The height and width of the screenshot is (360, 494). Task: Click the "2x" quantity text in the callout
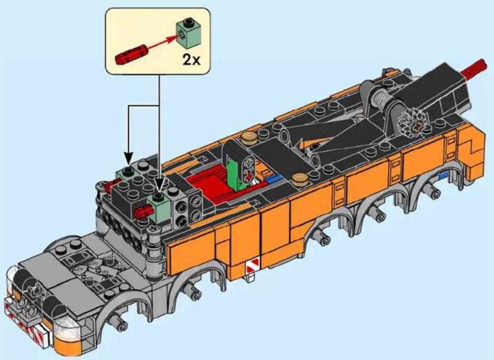pos(191,59)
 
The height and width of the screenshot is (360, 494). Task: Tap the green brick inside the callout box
pos(188,33)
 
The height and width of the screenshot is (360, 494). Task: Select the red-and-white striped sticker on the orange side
pos(252,266)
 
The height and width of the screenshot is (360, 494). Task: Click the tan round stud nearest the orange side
pos(299,180)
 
